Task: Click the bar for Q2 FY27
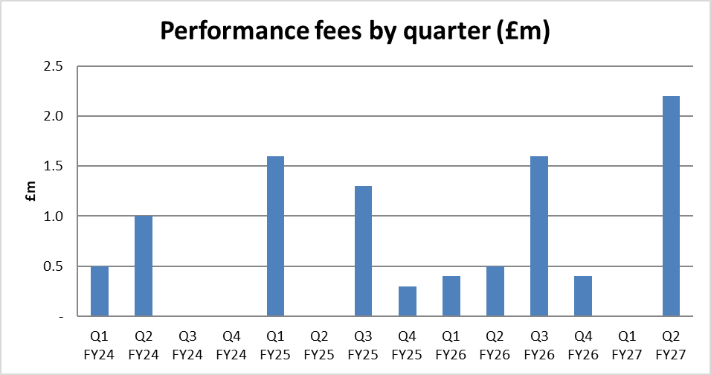tap(671, 206)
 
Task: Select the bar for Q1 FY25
tap(275, 236)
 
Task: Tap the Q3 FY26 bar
tap(539, 236)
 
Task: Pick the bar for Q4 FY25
tap(408, 301)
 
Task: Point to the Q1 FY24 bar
tap(100, 291)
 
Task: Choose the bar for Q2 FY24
tap(144, 266)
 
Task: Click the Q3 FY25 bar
tap(363, 251)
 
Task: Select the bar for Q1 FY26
tap(451, 296)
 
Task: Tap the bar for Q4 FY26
tap(583, 296)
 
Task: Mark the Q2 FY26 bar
tap(495, 291)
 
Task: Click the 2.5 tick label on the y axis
tap(53, 67)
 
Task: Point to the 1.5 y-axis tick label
tap(53, 167)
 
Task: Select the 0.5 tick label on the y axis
tap(53, 266)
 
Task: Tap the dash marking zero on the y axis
tap(60, 316)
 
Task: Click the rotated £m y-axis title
tap(30, 191)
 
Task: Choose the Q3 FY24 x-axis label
tap(187, 345)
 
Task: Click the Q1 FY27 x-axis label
tap(627, 345)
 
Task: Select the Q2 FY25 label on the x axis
tap(319, 345)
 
